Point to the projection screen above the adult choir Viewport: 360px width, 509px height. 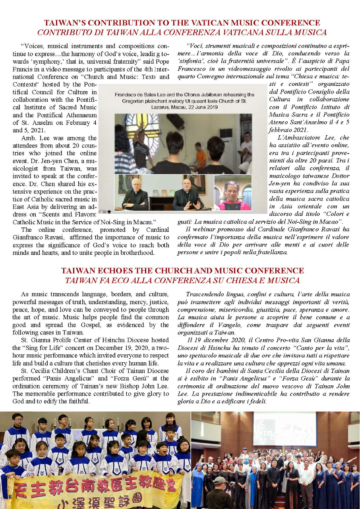point(285,429)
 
